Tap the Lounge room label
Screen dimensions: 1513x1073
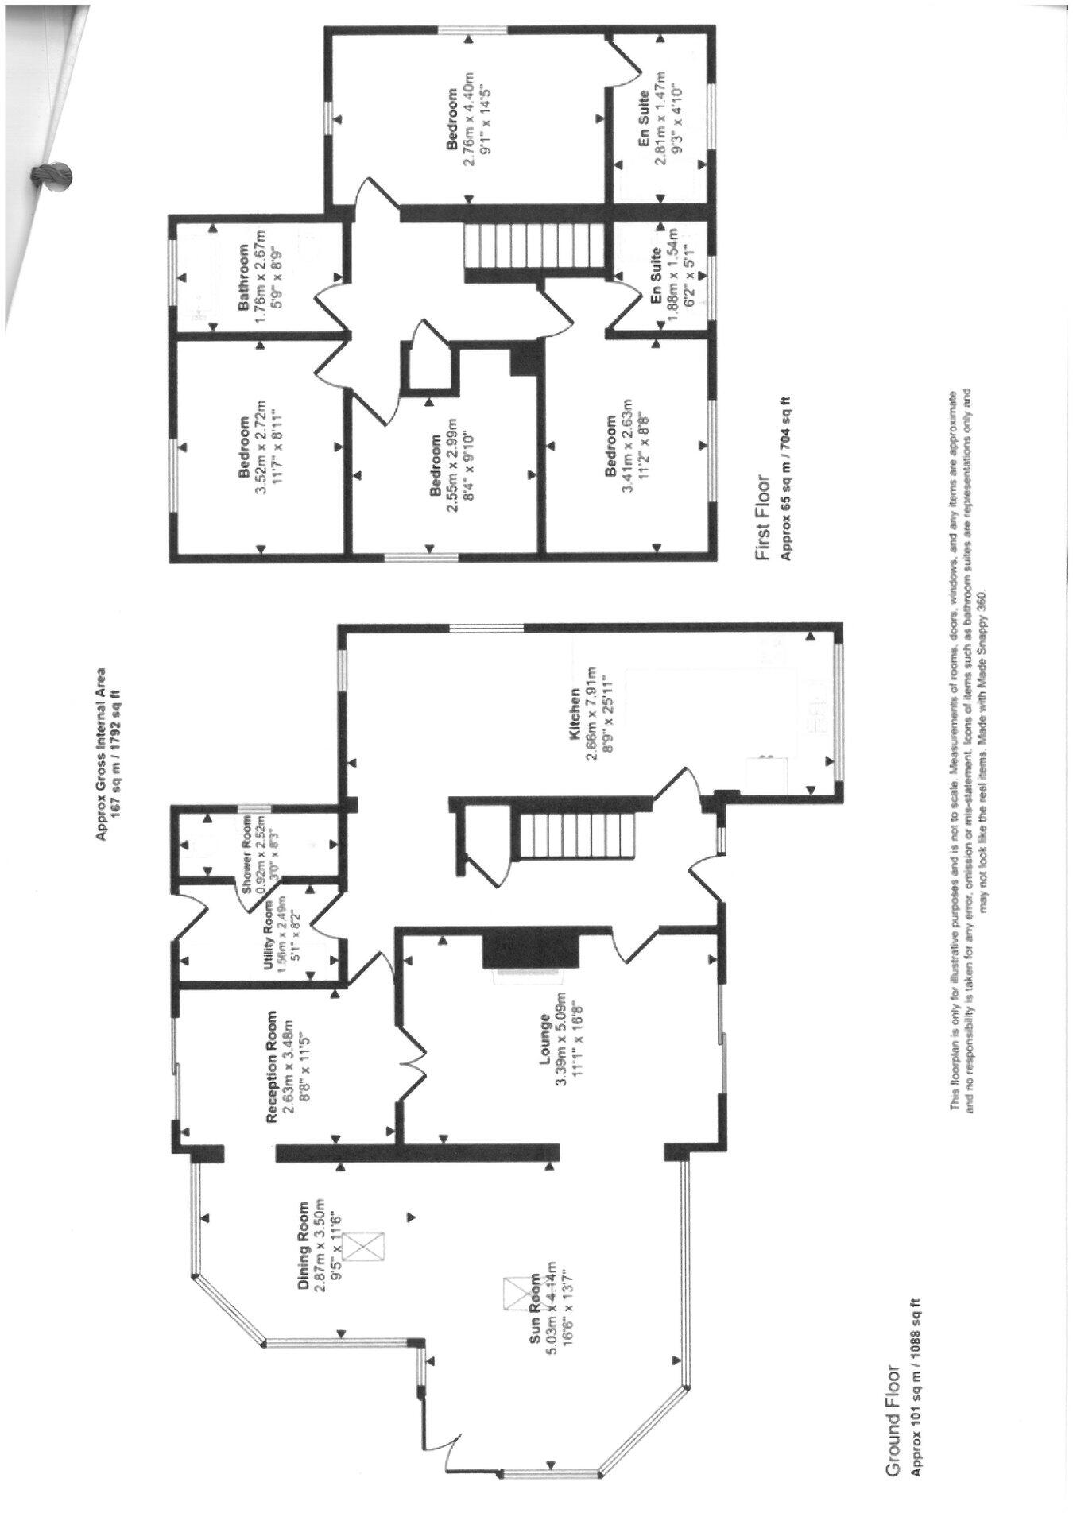545,1038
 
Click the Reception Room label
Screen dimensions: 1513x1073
273,1066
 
